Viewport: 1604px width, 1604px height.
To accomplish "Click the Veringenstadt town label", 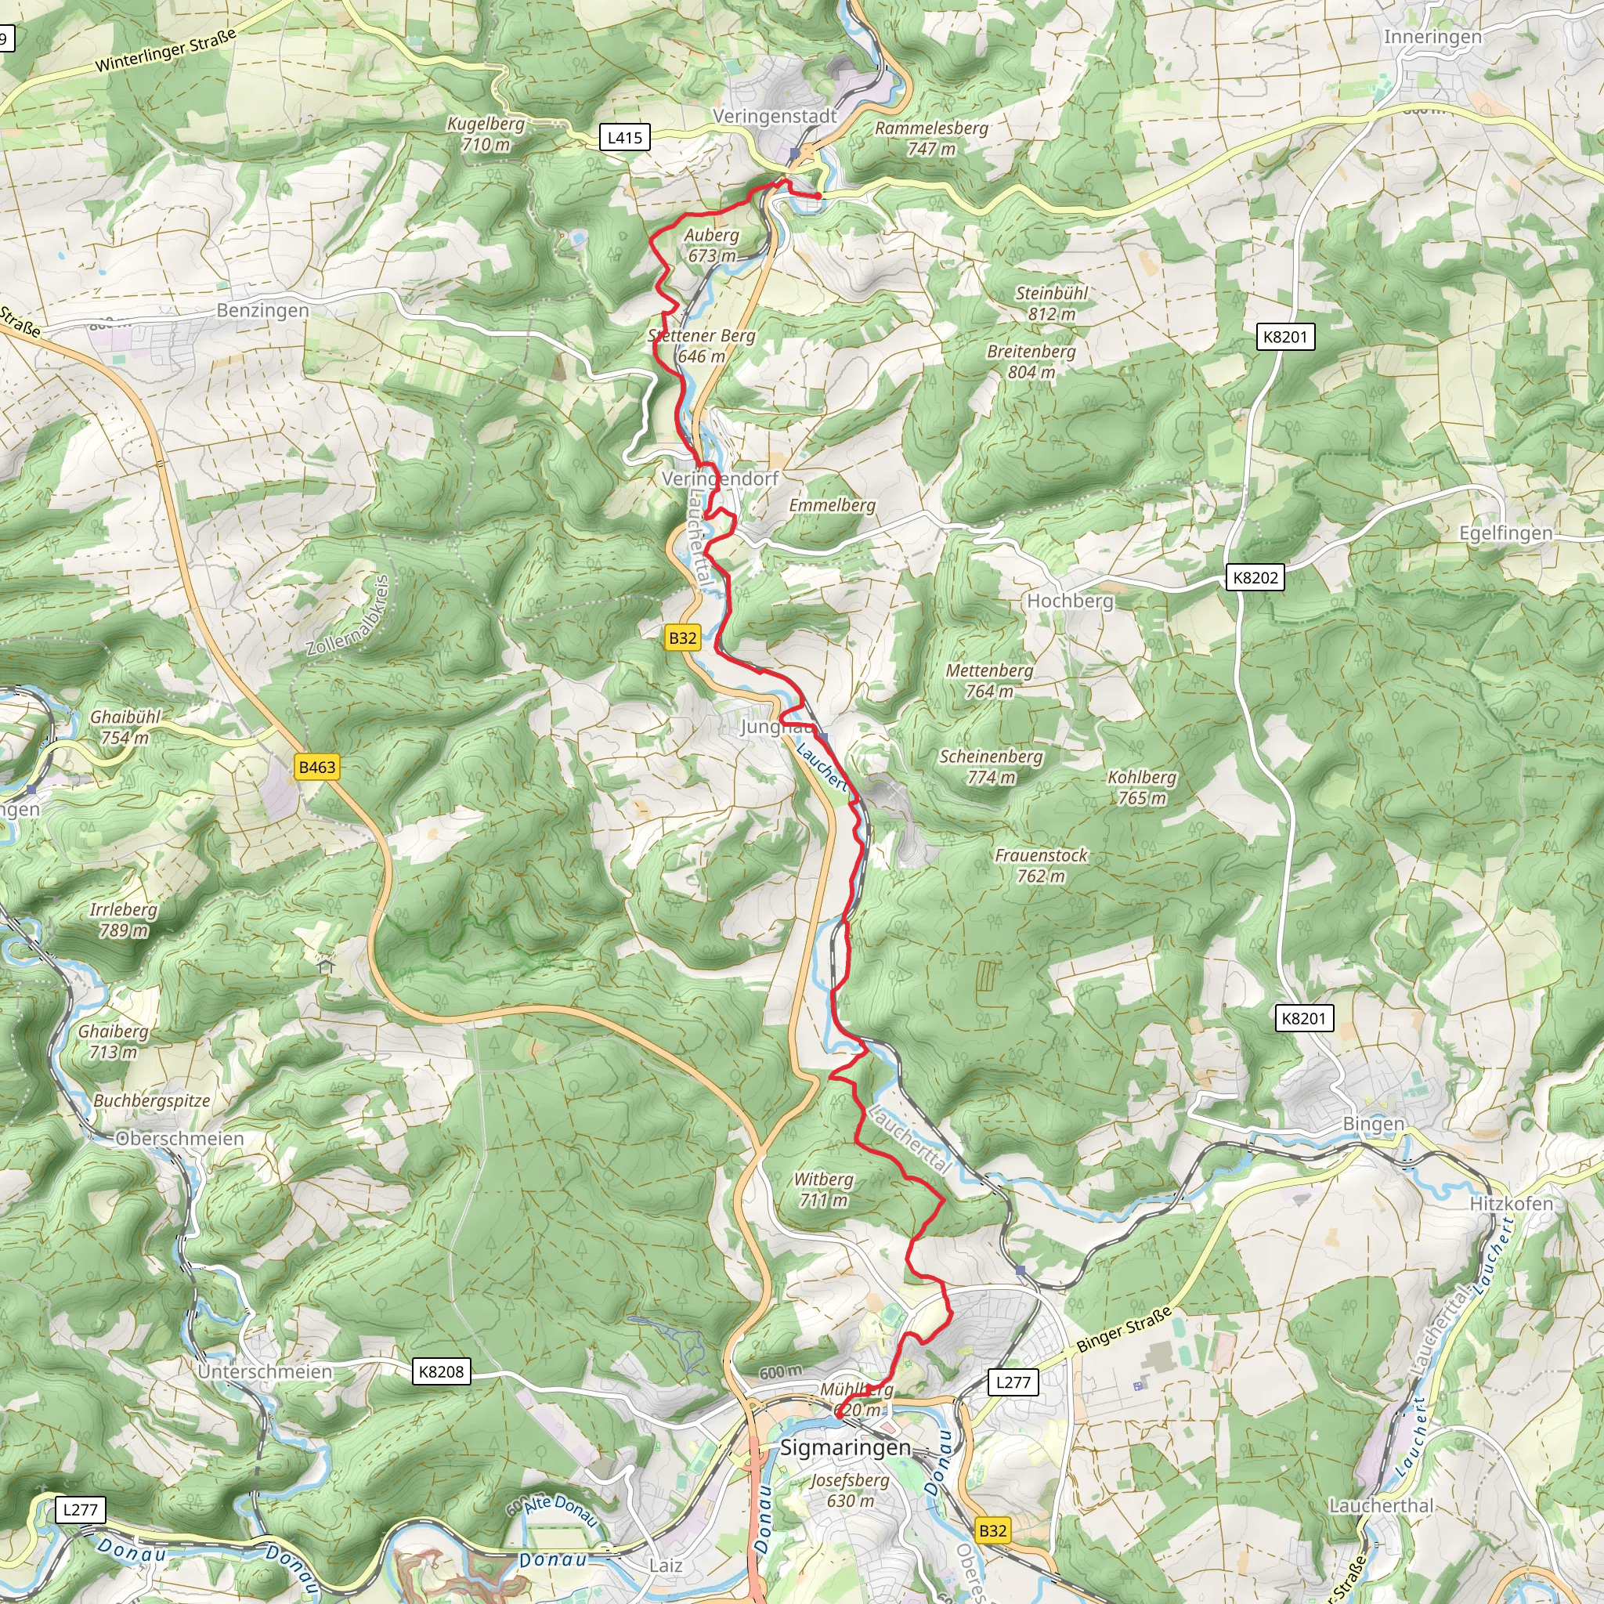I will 775,116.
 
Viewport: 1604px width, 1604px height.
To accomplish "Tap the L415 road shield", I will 624,138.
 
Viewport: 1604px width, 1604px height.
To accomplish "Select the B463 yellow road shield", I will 317,767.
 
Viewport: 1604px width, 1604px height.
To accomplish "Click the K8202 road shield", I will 1255,578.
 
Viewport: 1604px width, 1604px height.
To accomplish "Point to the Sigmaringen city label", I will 845,1448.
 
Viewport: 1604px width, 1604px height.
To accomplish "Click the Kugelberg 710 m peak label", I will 486,134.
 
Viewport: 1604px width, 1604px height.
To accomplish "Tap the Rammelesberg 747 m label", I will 931,138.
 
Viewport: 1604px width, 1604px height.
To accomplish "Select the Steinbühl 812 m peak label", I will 1051,303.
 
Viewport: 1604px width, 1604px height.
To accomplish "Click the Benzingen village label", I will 262,310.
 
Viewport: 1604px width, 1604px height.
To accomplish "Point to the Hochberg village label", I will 1070,600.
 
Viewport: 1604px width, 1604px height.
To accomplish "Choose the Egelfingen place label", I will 1505,533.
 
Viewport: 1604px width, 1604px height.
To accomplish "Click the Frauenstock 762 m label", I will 1041,865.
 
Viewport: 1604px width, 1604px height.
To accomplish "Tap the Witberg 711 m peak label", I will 823,1190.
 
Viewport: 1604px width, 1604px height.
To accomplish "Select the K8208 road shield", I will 441,1371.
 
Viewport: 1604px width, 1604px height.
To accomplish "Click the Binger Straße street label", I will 1124,1329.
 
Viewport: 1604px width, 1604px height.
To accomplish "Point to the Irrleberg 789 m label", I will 123,919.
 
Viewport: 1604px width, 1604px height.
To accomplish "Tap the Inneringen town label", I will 1432,37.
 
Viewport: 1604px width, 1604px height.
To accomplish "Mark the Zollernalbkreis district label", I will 347,616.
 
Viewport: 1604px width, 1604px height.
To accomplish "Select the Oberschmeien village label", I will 179,1138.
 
